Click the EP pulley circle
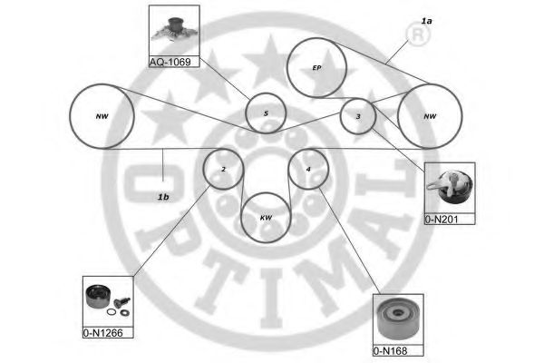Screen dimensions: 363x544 click(316, 67)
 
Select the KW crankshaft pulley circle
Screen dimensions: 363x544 click(266, 218)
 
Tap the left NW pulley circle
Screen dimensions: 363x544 click(101, 115)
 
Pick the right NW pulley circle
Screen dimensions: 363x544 click(429, 116)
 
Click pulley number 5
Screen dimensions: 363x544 click(265, 113)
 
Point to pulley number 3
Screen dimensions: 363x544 click(358, 116)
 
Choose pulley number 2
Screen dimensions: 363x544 click(222, 168)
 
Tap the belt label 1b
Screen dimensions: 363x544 click(163, 195)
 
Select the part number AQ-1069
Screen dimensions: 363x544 click(172, 62)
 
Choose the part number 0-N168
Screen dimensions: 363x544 click(391, 351)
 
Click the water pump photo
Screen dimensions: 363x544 click(174, 30)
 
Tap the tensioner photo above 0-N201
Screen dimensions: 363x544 click(449, 188)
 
